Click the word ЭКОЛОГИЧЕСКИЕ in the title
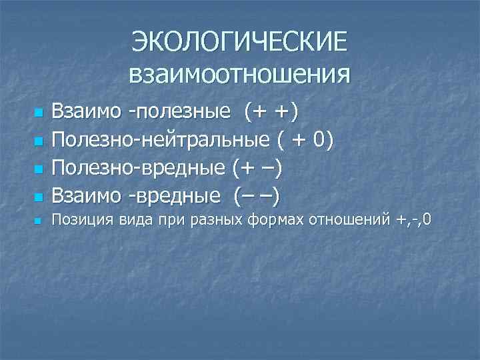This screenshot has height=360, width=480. [239, 41]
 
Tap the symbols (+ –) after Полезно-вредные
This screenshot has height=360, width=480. [257, 169]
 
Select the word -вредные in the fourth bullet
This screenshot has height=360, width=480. [175, 197]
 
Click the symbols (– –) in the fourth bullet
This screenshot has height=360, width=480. [257, 197]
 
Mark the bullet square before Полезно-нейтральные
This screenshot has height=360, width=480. [39, 141]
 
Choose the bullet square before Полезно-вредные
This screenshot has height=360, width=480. [39, 169]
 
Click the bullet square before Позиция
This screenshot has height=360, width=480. [39, 219]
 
